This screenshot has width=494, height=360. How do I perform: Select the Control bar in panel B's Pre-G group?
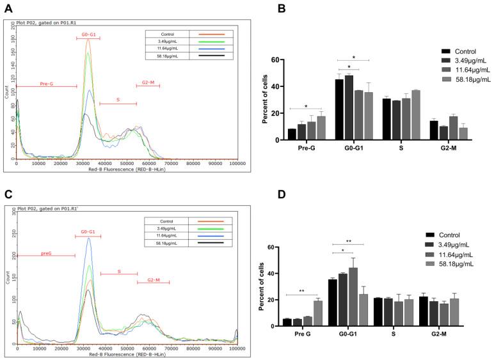pos(292,134)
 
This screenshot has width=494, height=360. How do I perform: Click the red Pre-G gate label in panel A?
pos(46,83)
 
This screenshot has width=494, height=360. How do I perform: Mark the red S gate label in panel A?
pos(117,100)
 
